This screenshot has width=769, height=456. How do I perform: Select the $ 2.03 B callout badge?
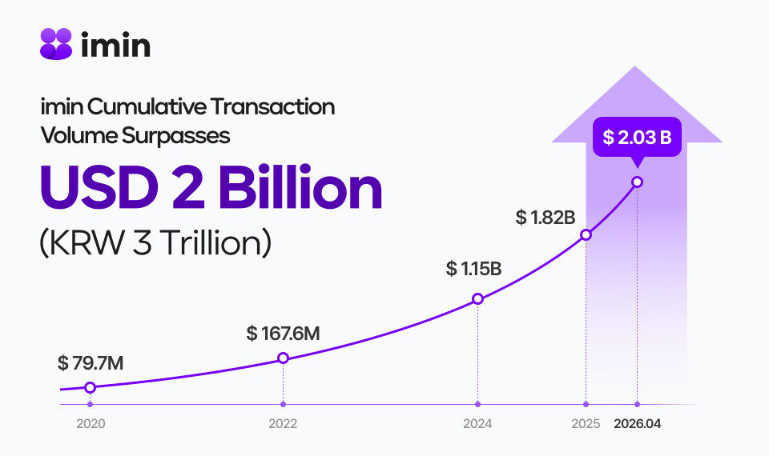637,138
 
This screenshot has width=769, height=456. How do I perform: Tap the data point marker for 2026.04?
637,182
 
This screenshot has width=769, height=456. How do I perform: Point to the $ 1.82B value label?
546,217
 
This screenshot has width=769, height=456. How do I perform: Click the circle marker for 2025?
586,235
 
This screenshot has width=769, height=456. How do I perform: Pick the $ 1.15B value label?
474,269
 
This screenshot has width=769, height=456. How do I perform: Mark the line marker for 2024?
477,299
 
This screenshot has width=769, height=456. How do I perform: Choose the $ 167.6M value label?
284,333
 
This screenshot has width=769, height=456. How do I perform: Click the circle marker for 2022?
283,358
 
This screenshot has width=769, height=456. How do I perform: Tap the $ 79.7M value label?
91,362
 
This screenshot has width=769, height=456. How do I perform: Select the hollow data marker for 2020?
90,387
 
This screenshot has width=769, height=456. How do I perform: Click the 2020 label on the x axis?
90,425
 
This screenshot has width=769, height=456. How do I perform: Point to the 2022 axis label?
283,425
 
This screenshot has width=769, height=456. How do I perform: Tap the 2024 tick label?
477,425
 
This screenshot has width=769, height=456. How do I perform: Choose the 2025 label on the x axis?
586,425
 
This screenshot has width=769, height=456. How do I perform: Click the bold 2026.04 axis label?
638,425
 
